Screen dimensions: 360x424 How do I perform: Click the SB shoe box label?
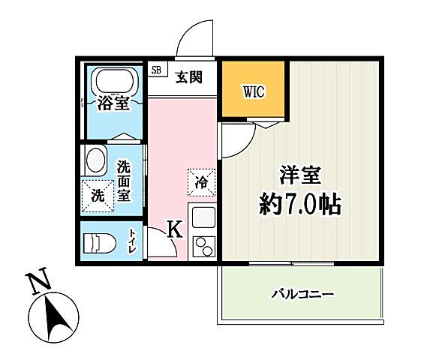point(156,70)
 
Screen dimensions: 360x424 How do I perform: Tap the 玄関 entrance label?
point(188,76)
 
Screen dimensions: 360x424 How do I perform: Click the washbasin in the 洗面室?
point(95,160)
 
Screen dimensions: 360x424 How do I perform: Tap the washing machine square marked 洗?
point(97,195)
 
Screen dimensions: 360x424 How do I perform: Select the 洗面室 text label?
point(124,179)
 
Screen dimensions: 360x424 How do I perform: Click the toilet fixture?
point(98,241)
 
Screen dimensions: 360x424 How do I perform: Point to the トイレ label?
point(133,241)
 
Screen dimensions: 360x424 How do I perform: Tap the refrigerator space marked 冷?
point(201,181)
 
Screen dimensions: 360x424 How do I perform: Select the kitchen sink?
point(203,218)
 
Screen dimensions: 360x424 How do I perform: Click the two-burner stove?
point(203,246)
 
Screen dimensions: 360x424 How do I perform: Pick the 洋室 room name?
point(301,177)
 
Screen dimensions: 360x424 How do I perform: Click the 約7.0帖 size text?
point(300,203)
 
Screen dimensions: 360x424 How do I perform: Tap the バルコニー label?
point(302,294)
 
